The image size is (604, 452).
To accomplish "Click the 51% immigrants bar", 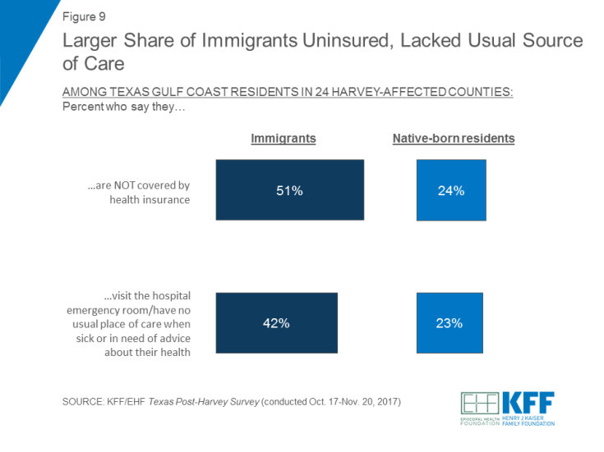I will [289, 190].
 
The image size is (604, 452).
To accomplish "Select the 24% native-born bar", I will [450, 190].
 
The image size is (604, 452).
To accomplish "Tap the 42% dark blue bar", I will [276, 322].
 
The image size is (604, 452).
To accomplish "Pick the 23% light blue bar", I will [450, 322].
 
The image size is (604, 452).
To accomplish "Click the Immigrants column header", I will [283, 139].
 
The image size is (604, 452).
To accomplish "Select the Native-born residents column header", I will [453, 139].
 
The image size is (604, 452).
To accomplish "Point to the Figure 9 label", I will [85, 16].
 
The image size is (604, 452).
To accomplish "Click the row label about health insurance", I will [138, 192].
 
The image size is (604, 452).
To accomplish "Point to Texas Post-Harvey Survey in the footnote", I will [214, 401].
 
